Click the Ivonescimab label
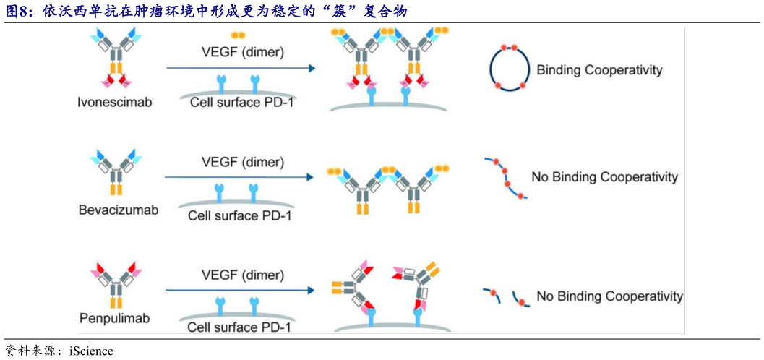click(x=115, y=102)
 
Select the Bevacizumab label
click(x=118, y=210)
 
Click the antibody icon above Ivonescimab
click(x=116, y=59)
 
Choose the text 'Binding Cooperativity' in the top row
click(x=599, y=70)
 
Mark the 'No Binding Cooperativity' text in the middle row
click(x=604, y=177)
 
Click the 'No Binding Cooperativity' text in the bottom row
click(x=609, y=296)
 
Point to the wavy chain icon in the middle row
click(x=506, y=178)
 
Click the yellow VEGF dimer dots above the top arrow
click(x=238, y=35)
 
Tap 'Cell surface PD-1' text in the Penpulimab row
click(x=239, y=327)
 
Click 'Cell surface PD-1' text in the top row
click(x=241, y=102)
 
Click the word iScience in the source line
click(x=91, y=351)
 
